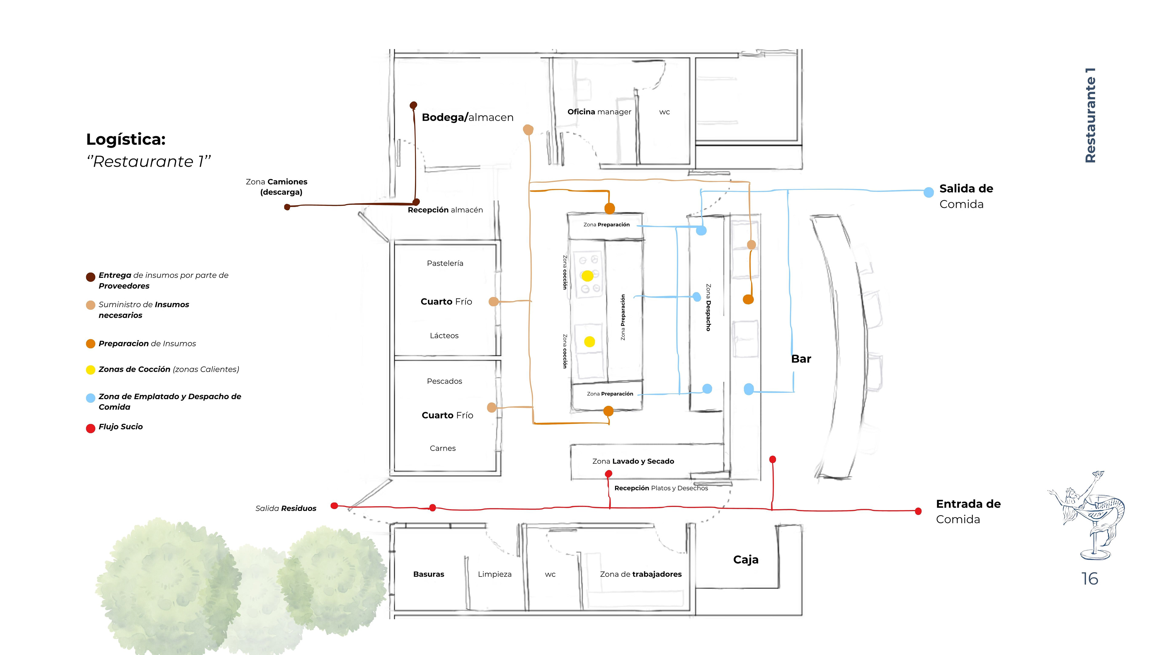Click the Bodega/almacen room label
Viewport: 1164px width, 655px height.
click(467, 118)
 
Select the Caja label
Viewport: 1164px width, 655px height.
click(746, 559)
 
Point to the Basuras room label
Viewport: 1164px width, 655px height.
click(428, 574)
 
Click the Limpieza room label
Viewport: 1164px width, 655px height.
click(494, 574)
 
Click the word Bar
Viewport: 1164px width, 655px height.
click(801, 359)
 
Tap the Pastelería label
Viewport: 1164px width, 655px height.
click(445, 263)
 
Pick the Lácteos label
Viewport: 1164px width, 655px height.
click(444, 335)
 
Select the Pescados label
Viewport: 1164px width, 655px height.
click(444, 381)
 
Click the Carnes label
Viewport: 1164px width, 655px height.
click(442, 448)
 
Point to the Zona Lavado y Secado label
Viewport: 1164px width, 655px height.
click(633, 461)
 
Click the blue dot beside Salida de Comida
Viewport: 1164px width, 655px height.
click(928, 192)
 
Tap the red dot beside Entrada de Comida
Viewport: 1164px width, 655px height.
click(918, 511)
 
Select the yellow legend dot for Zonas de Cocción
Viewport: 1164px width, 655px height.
click(90, 370)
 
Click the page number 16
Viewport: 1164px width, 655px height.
click(1089, 579)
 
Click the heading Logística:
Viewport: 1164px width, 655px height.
click(125, 139)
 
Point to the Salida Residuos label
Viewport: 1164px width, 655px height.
click(286, 508)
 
